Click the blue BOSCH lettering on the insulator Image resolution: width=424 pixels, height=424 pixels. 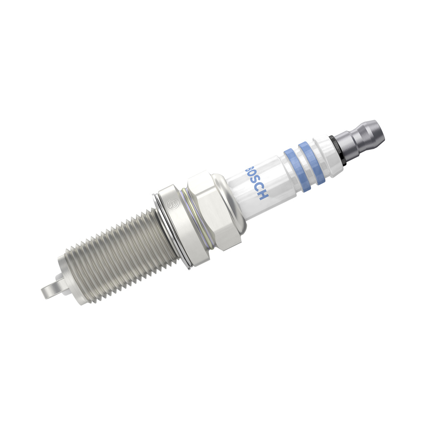257,183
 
